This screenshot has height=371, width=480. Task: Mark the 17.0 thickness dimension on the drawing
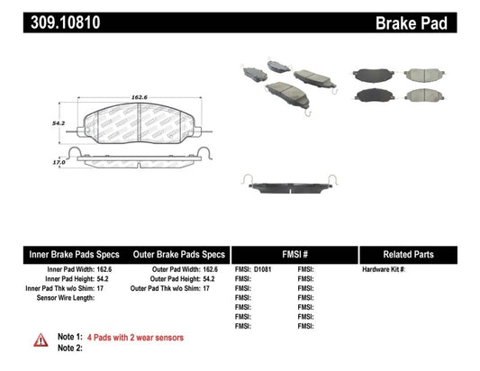[x=59, y=162]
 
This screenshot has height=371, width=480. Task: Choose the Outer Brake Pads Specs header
[x=177, y=254]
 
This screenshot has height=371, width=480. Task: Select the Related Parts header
[x=417, y=254]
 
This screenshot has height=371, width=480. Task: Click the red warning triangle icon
[x=41, y=339]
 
